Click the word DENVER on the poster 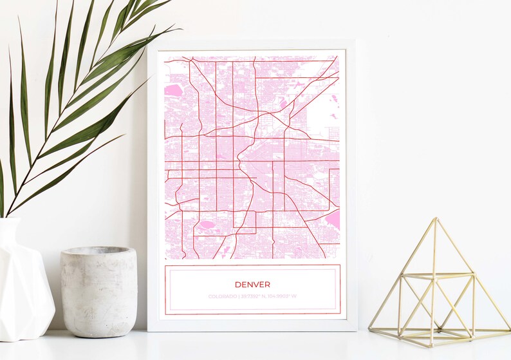click(252, 284)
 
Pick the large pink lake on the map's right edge click(333, 220)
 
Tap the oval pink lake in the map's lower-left click(207, 225)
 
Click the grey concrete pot click(98, 293)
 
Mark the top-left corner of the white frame click(148, 41)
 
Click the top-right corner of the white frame click(356, 41)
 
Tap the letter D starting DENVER click(237, 284)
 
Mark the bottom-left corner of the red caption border click(165, 314)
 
